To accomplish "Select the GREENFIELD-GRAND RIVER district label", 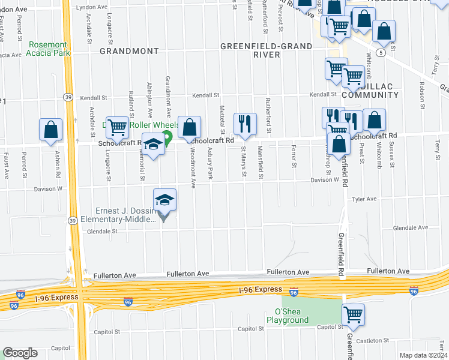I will pos(266,50).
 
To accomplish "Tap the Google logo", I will pos(20,353).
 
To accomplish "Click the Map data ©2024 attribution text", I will pos(423,355).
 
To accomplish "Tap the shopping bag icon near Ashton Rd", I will pos(51,130).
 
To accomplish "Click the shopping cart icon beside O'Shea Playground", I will pos(353,314).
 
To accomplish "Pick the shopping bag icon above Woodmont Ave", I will pos(189,127).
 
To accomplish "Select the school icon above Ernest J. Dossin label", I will pos(165,200).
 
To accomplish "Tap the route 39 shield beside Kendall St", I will pos(67,97).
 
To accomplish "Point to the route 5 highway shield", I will pos(381,53).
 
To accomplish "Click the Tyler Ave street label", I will pos(364,199).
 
